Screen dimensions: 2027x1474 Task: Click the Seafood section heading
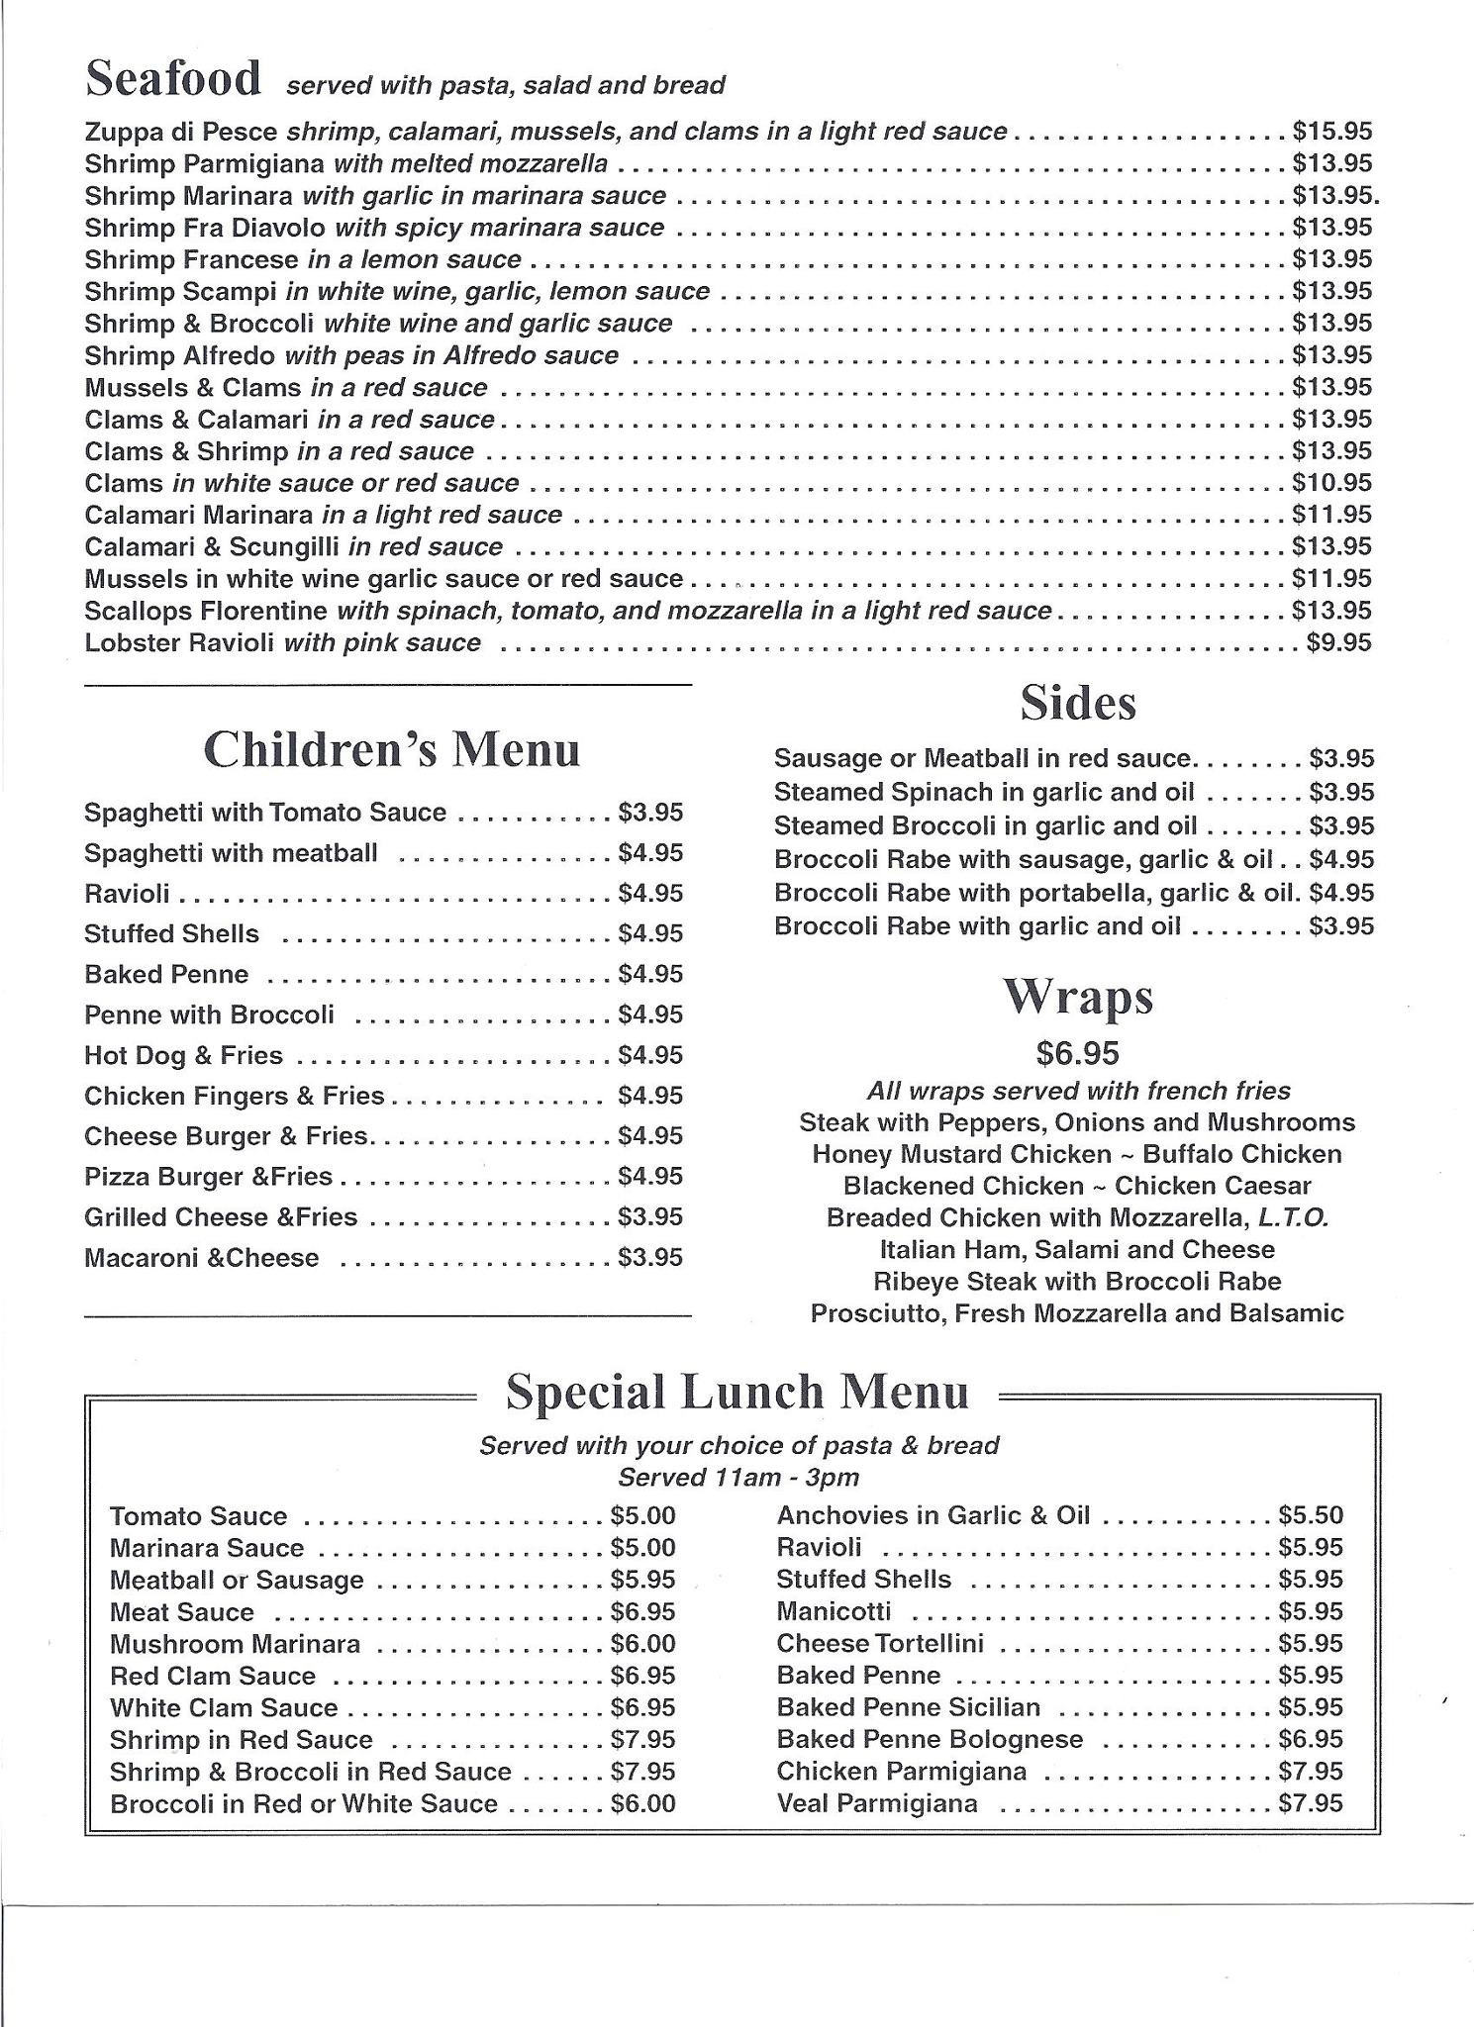(173, 79)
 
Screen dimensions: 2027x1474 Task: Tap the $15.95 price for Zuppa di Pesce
(1331, 132)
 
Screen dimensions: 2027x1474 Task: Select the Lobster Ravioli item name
(183, 643)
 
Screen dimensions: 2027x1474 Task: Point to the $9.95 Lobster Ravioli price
(1338, 643)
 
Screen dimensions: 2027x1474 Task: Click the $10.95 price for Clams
(1331, 483)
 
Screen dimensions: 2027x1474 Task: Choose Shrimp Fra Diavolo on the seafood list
(205, 228)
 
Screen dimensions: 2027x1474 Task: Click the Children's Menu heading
(391, 749)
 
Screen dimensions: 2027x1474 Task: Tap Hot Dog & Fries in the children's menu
(183, 1056)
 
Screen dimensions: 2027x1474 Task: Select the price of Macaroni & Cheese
(650, 1258)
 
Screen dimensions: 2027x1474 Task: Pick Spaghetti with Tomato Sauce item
(265, 813)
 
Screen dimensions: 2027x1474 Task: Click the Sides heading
(1078, 703)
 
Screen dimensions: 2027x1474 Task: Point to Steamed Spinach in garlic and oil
(983, 793)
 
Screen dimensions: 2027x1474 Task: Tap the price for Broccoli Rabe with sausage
(1341, 860)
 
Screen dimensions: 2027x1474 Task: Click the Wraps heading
(1078, 997)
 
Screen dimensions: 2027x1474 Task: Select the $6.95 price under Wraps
(1078, 1053)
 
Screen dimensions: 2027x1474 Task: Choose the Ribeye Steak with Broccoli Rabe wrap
(1077, 1282)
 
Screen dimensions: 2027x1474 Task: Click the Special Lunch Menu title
(737, 1392)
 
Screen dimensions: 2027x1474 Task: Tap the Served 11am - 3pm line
(738, 1478)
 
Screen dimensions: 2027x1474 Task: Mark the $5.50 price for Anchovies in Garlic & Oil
(1311, 1515)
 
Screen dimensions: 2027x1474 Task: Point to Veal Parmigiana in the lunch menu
(877, 1803)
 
